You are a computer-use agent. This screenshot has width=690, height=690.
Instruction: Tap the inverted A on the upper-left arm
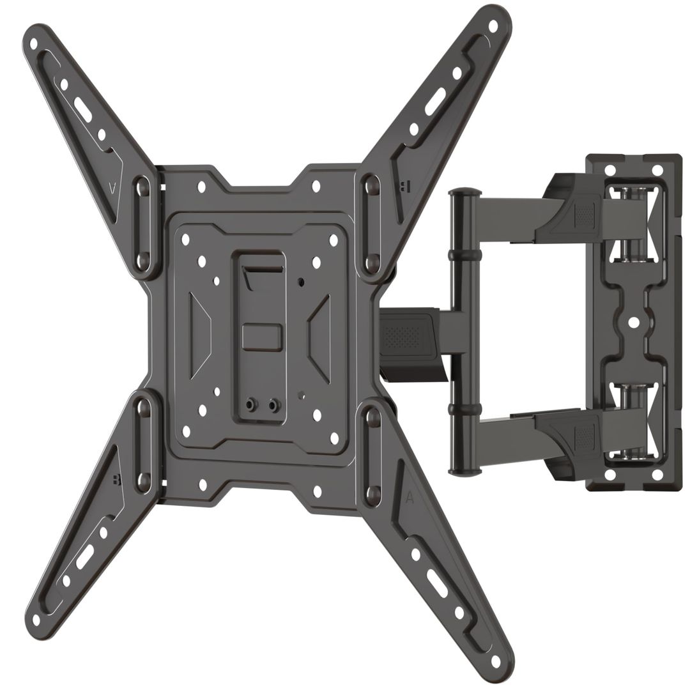pos(112,189)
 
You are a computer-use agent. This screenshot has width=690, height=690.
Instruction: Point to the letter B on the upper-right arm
pos(405,186)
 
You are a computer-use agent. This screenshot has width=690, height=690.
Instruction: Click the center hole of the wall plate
pos(633,323)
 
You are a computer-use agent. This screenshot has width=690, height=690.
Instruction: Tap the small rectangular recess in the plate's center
pos(261,337)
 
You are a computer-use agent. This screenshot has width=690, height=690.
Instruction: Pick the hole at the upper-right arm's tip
pos(493,26)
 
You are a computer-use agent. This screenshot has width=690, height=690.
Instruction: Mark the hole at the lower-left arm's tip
pos(36,619)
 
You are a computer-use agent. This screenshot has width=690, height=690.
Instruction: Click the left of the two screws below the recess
pos(254,404)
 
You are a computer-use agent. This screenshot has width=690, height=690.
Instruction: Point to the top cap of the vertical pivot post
pos(464,191)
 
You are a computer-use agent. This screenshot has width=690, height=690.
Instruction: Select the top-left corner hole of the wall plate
pos(609,171)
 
